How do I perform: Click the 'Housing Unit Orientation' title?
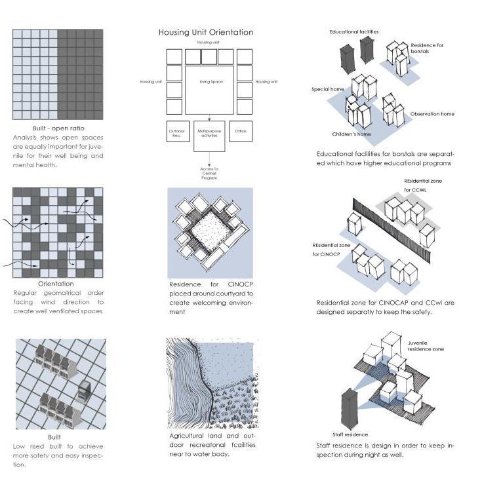point(206,32)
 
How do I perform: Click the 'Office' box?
point(241,132)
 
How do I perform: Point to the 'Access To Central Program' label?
point(209,174)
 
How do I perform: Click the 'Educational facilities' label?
point(353,31)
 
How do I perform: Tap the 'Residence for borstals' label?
point(427,48)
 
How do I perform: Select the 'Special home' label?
point(329,89)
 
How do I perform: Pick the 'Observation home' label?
point(432,114)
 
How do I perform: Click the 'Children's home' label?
point(351,134)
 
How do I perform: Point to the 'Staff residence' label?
point(350,434)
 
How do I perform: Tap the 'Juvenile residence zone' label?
point(426,346)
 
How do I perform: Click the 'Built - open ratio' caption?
point(58,128)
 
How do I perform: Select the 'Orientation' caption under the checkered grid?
point(56,284)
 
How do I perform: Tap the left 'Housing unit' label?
point(151,82)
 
